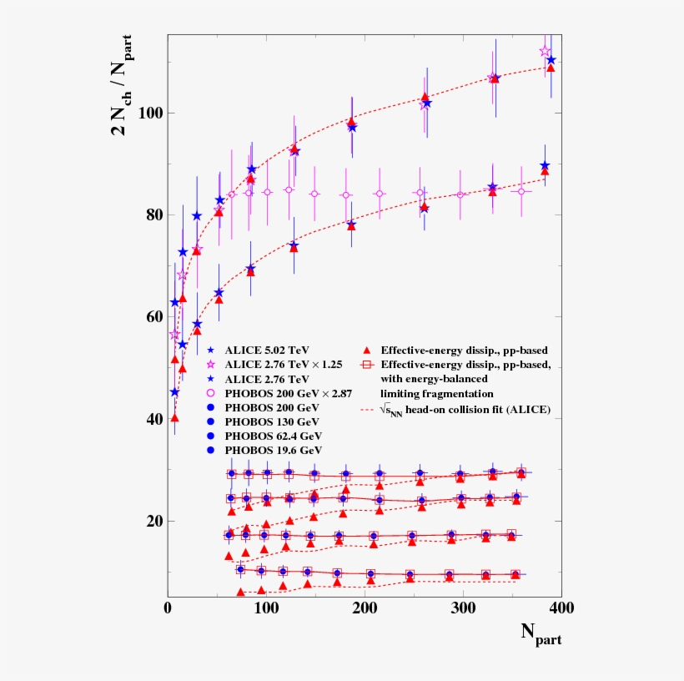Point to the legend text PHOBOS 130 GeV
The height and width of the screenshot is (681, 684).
click(270, 421)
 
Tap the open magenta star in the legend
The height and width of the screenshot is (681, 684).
click(211, 365)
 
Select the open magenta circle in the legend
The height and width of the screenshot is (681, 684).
click(211, 392)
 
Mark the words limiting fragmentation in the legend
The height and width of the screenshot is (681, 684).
click(437, 393)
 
